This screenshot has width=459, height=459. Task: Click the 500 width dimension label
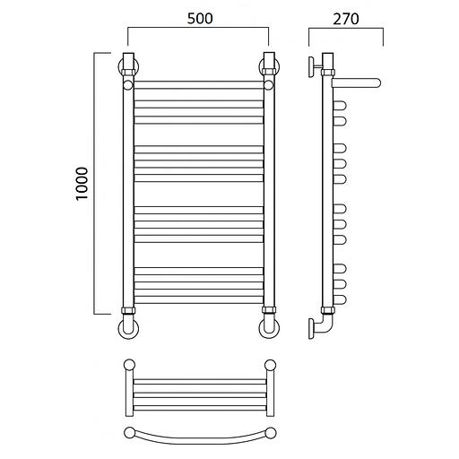click(x=200, y=18)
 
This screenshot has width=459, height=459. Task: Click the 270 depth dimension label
click(x=346, y=19)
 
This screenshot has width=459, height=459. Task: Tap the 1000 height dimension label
click(x=82, y=184)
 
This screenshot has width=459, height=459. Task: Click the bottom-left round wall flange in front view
click(x=129, y=329)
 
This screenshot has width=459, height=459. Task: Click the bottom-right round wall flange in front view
click(x=269, y=329)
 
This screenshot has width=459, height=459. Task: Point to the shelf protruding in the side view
click(x=356, y=82)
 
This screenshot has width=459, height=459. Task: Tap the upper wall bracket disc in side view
click(x=312, y=67)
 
